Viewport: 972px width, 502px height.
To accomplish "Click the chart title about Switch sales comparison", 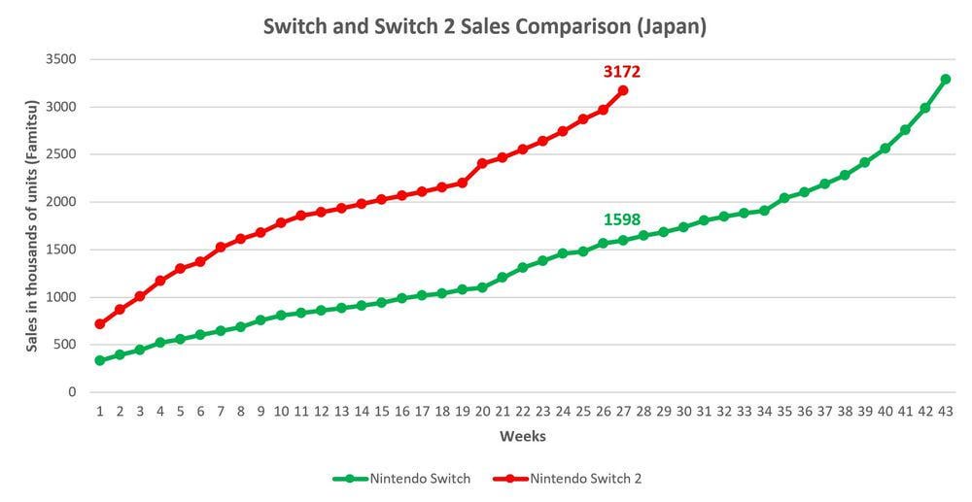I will point(485,26).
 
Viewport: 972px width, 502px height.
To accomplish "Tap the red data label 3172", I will point(622,71).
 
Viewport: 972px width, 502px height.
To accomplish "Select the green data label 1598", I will point(622,219).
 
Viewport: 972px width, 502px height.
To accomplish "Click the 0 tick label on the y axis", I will point(72,392).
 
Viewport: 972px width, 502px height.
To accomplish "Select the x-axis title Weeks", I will point(522,437).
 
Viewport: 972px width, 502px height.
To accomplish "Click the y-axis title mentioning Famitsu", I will point(32,225).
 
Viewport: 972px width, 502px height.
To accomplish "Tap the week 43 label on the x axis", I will point(945,412).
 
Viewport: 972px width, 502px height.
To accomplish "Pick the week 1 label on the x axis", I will point(100,412).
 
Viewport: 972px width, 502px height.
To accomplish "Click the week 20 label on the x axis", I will point(482,412).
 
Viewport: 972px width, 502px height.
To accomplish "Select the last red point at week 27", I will point(623,90).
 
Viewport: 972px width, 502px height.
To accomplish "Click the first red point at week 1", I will point(100,323).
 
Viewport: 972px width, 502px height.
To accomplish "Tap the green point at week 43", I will point(945,79).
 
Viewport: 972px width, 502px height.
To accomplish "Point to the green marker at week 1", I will point(100,360).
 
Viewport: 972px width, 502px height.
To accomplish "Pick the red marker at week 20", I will point(482,163).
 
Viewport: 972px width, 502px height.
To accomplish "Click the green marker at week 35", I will point(784,198).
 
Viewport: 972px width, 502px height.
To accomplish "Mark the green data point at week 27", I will point(623,240).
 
